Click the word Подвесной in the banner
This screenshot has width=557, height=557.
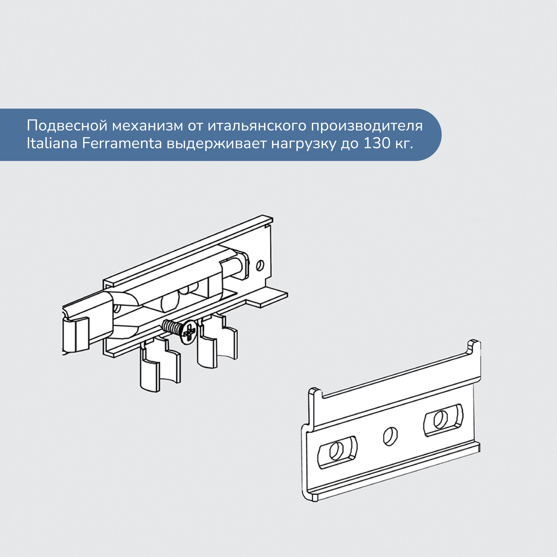tap(67, 126)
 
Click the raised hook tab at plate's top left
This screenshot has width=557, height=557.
tap(316, 393)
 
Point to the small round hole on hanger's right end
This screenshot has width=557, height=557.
tap(260, 265)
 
